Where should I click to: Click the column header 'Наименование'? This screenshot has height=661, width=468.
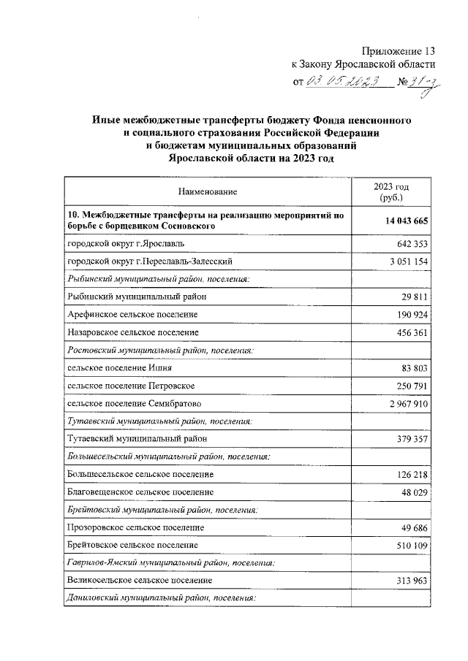click(x=208, y=191)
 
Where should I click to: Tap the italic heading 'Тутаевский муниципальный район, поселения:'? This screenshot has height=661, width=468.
click(x=160, y=421)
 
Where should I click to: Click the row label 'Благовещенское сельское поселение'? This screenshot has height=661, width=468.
click(x=140, y=492)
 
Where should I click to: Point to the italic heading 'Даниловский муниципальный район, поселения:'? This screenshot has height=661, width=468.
click(x=161, y=598)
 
